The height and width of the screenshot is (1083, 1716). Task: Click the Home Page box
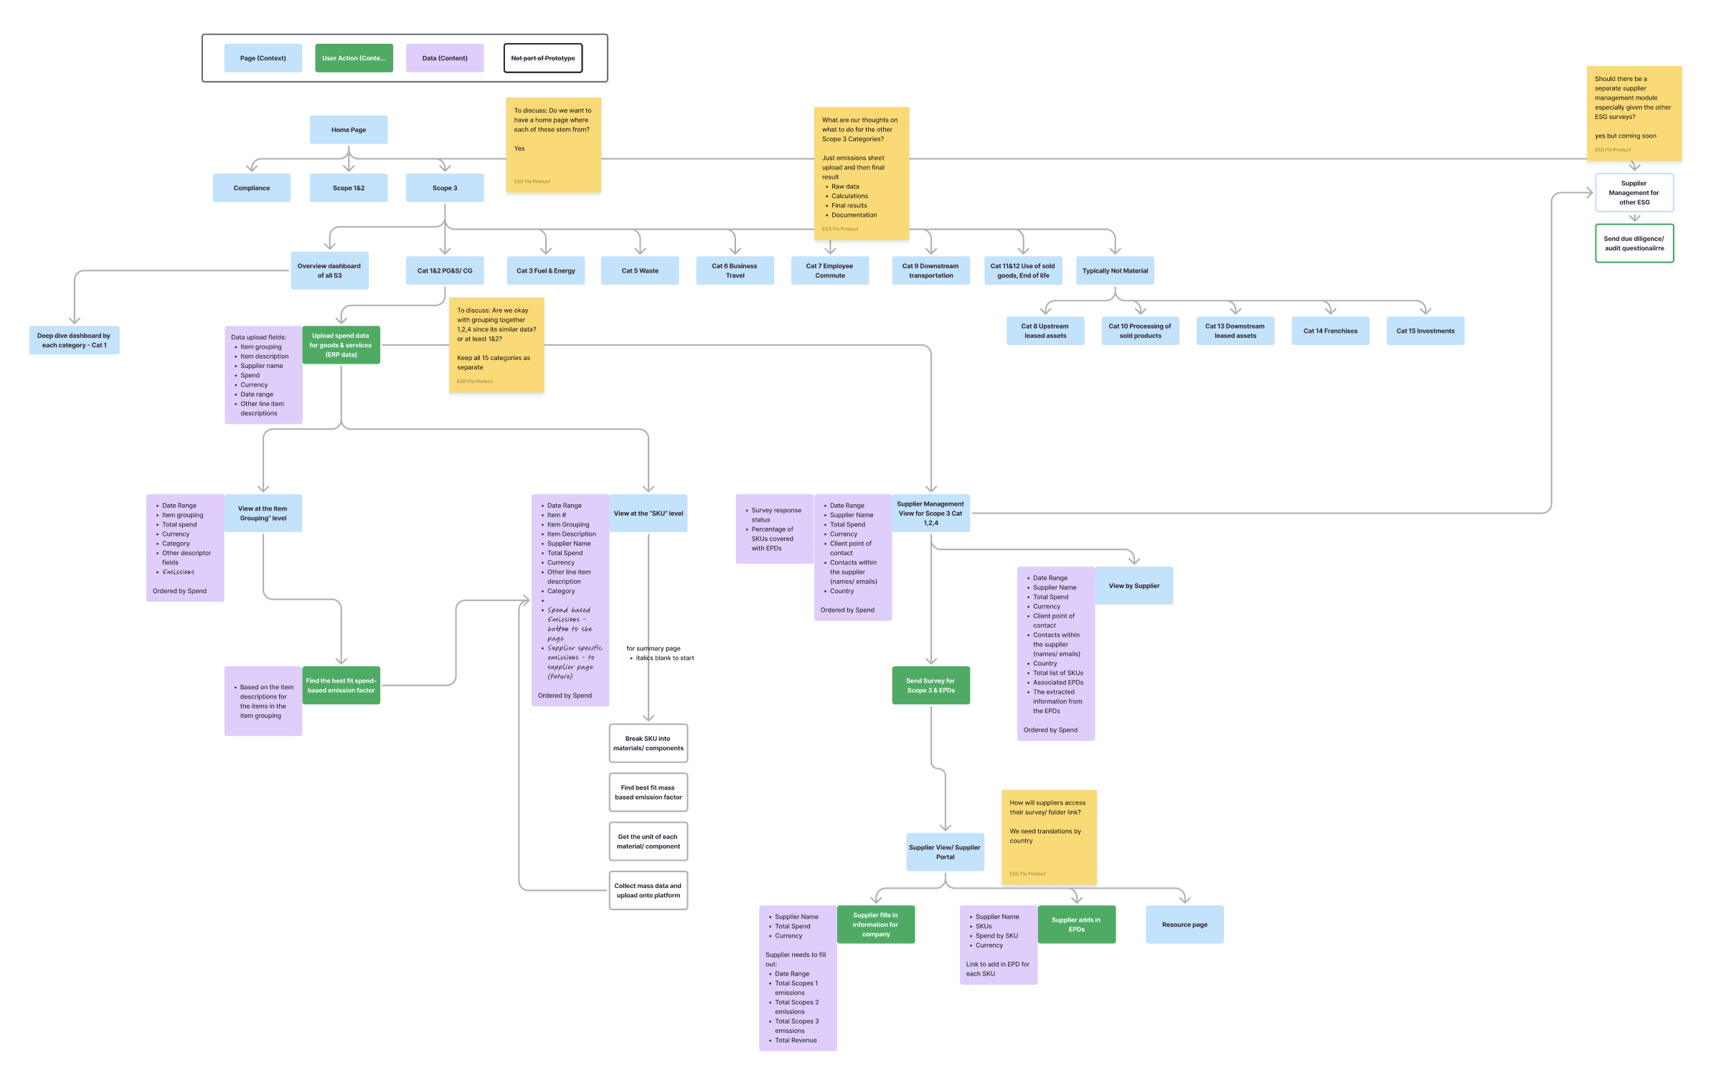point(349,130)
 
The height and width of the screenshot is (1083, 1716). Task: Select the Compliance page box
point(252,188)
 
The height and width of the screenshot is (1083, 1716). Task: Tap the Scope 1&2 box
point(349,188)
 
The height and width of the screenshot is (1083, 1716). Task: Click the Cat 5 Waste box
point(640,271)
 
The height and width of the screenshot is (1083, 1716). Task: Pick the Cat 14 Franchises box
point(1330,331)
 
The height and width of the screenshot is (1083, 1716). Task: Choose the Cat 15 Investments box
point(1425,331)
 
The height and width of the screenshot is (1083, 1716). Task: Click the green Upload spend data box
point(341,345)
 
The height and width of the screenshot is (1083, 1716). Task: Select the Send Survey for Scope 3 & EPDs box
point(930,686)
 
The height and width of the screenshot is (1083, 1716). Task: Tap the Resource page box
point(1184,924)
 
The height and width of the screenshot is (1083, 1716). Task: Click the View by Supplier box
point(1133,586)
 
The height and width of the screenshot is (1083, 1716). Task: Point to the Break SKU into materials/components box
point(648,743)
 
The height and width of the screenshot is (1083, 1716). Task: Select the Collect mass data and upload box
point(648,891)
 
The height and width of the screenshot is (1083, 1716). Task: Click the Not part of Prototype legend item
point(543,58)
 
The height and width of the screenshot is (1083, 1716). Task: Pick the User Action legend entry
point(354,58)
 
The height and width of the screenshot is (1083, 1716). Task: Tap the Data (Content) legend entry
point(445,58)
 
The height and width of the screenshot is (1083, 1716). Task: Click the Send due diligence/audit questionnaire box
point(1634,244)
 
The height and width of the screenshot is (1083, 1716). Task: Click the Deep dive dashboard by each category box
point(74,340)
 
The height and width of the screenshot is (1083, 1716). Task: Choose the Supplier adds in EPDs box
point(1076,924)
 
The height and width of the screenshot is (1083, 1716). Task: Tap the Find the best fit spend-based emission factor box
point(341,686)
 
